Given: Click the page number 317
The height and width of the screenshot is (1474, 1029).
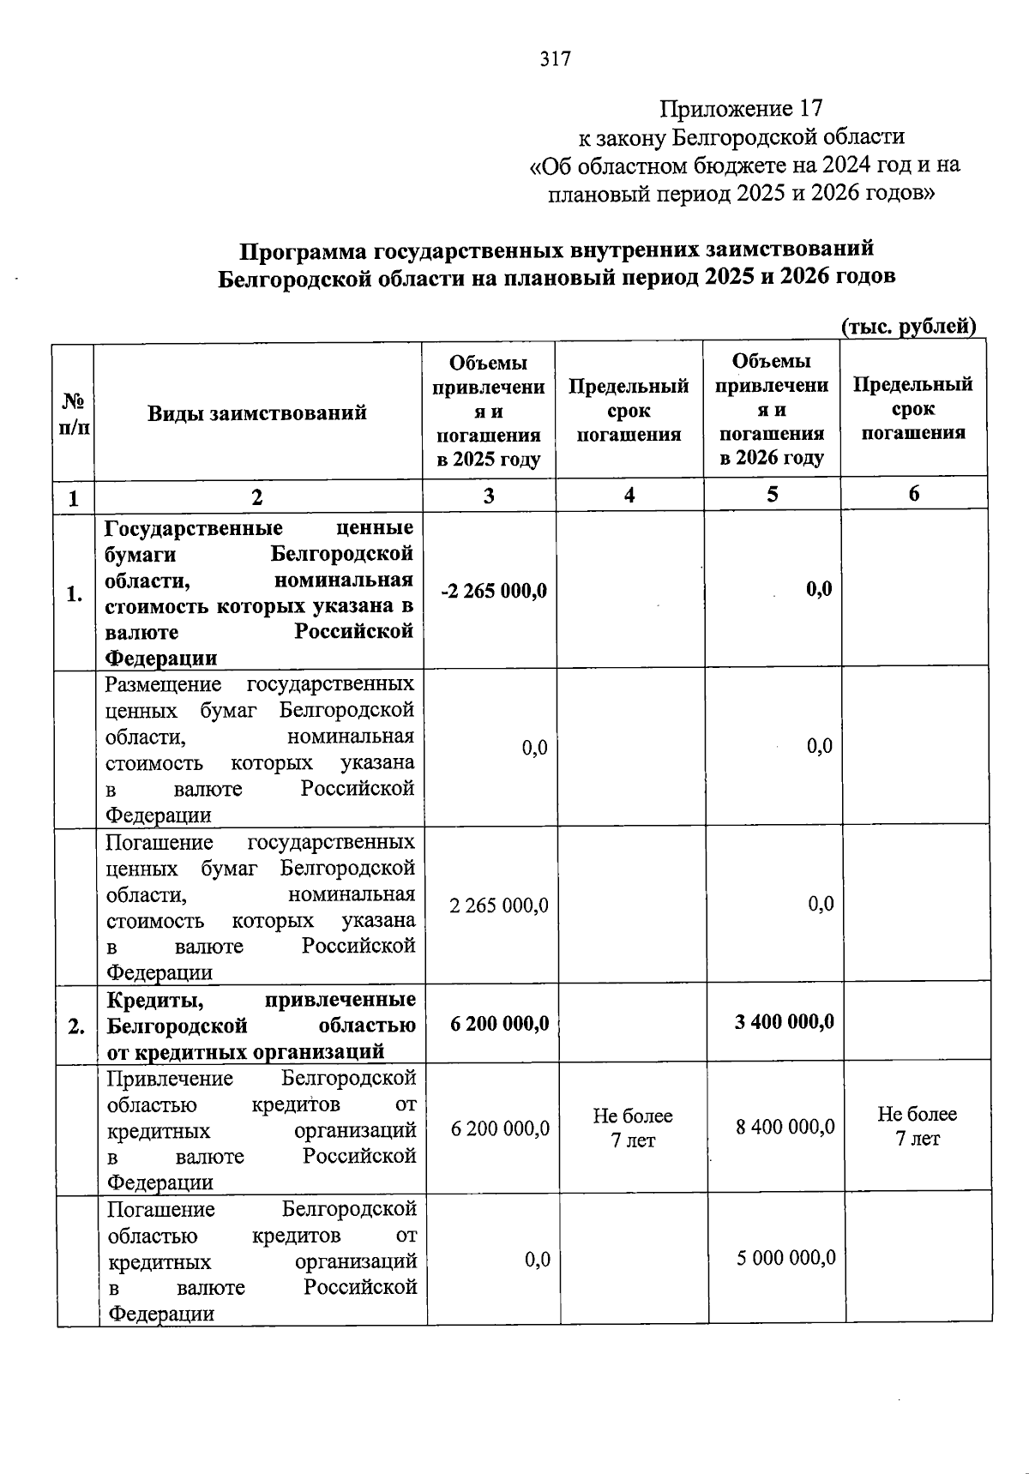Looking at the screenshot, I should pos(556,59).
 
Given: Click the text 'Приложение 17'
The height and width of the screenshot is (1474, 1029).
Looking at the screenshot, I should pos(741,109).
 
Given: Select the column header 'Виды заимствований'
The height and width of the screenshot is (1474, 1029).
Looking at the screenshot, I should pos(256,413).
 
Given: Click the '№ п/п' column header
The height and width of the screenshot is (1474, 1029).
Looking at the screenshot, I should pos(74,413).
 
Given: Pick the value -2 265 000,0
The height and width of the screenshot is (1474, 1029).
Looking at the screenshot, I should pos(494,592).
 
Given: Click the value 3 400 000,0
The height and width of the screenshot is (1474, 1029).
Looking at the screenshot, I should pos(784,1022).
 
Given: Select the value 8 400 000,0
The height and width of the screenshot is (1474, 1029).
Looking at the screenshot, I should pos(785,1127).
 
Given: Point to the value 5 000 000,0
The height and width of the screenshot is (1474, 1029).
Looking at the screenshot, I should pos(785,1258).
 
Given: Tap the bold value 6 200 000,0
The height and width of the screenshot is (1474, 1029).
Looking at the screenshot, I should pos(500,1024).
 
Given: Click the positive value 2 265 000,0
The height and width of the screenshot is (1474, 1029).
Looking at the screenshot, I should pos(499,905).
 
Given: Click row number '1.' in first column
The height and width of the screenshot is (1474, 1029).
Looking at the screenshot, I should pos(75,594).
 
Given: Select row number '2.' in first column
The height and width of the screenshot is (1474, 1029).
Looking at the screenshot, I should pos(76,1026).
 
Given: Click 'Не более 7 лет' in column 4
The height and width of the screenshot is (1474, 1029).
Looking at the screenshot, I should pos(633,1128).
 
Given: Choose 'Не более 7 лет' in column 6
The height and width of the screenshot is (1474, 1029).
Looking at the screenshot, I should pos(917,1126).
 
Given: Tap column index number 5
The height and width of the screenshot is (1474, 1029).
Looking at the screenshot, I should pos(773,495).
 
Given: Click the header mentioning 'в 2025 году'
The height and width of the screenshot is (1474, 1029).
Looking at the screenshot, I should pos(488,412).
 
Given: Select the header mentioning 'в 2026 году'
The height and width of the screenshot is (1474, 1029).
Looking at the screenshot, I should pos(772,410).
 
